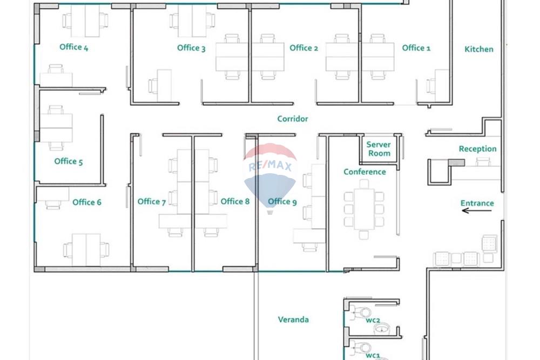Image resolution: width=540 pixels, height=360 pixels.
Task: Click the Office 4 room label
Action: [x=73, y=47]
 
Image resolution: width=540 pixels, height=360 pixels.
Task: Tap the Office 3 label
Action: [x=191, y=48]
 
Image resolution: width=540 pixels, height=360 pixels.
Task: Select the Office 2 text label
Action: [x=303, y=48]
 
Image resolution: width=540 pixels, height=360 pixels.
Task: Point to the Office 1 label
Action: [x=416, y=48]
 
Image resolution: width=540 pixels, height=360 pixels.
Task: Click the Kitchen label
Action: [x=478, y=49]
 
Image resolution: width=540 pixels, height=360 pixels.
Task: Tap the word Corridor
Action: [x=292, y=119]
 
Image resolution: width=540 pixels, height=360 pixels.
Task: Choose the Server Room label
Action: [x=379, y=149]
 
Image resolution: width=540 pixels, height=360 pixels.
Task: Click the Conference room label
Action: [x=364, y=172]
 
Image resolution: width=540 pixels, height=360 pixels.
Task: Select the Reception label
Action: [x=477, y=149]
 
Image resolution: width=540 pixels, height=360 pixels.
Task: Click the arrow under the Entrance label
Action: [x=477, y=211]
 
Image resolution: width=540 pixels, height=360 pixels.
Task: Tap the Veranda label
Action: [x=293, y=320]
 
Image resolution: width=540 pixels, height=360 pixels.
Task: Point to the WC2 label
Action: [x=373, y=321]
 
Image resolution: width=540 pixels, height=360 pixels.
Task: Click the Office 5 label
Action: [x=69, y=161]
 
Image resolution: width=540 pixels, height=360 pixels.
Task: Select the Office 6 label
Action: [x=86, y=202]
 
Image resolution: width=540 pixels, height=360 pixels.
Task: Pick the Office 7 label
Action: [x=151, y=202]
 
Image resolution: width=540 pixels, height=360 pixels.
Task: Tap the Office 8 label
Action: [x=235, y=201]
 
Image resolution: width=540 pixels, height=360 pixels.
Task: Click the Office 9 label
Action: [x=282, y=201]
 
